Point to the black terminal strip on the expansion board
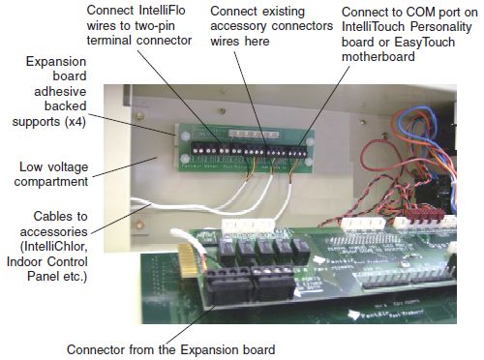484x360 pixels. (252, 150)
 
